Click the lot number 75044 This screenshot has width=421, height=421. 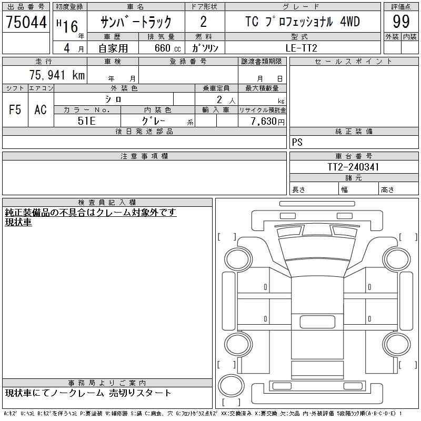(26, 22)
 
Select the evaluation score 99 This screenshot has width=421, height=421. (401, 22)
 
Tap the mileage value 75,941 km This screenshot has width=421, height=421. (57, 75)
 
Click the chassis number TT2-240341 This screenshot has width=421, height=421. (353, 167)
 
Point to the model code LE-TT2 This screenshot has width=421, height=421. (301, 48)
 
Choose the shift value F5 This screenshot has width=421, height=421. (15, 109)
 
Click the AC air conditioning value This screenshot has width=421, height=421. (41, 109)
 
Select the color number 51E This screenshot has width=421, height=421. (86, 121)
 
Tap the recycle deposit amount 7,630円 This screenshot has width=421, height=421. (268, 121)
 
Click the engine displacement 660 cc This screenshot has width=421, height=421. (168, 48)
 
